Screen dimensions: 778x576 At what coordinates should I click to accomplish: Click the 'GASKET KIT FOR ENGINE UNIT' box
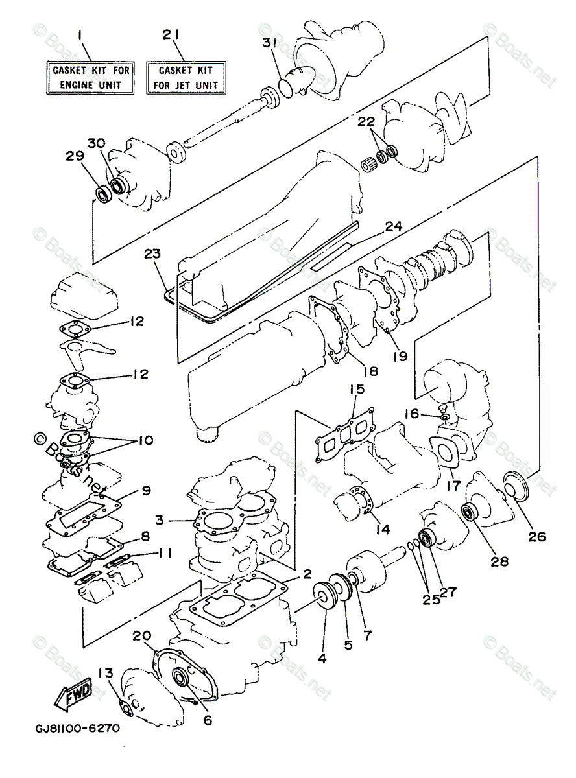point(87,77)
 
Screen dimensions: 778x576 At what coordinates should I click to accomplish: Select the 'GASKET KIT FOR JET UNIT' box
point(187,77)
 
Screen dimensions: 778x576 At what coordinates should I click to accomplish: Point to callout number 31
point(270,43)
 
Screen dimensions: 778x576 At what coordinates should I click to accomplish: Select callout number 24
point(393,226)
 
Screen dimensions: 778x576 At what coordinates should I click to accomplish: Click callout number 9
point(146,491)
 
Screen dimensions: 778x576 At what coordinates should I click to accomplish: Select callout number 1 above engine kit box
point(79,33)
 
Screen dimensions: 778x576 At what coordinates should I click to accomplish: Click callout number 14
point(381,529)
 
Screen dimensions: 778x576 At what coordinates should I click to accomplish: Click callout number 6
point(208,719)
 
